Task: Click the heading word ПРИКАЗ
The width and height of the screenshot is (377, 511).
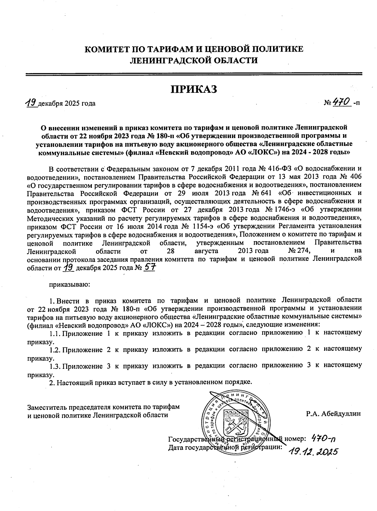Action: click(194, 89)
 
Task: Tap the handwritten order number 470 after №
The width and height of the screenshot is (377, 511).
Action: click(341, 102)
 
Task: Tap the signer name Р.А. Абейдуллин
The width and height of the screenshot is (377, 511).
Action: click(334, 414)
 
